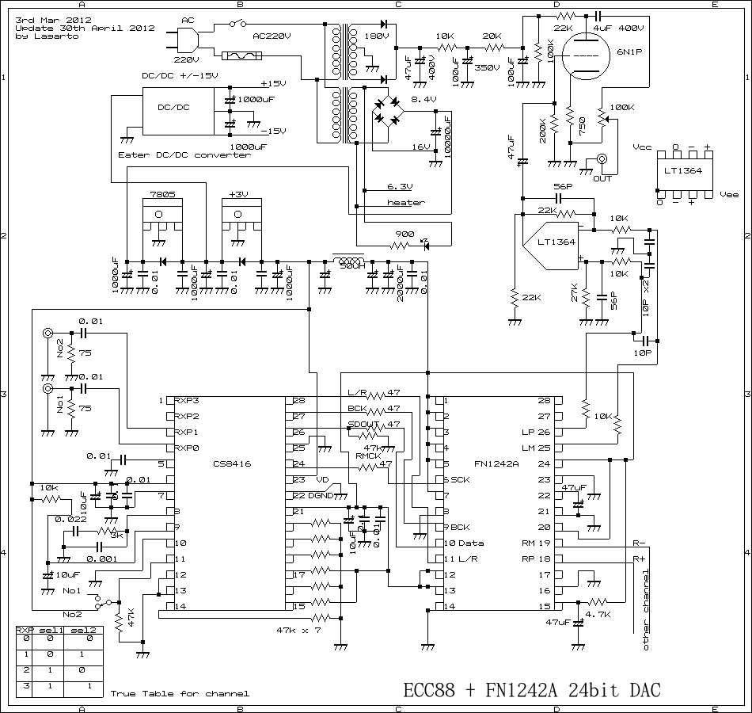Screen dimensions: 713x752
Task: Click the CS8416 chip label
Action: point(232,463)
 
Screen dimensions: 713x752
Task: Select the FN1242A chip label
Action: point(496,463)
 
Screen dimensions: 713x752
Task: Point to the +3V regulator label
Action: point(238,194)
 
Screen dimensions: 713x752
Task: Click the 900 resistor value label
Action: point(404,234)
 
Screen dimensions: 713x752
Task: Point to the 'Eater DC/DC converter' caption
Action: point(184,155)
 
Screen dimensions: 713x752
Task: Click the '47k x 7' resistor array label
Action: point(298,630)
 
